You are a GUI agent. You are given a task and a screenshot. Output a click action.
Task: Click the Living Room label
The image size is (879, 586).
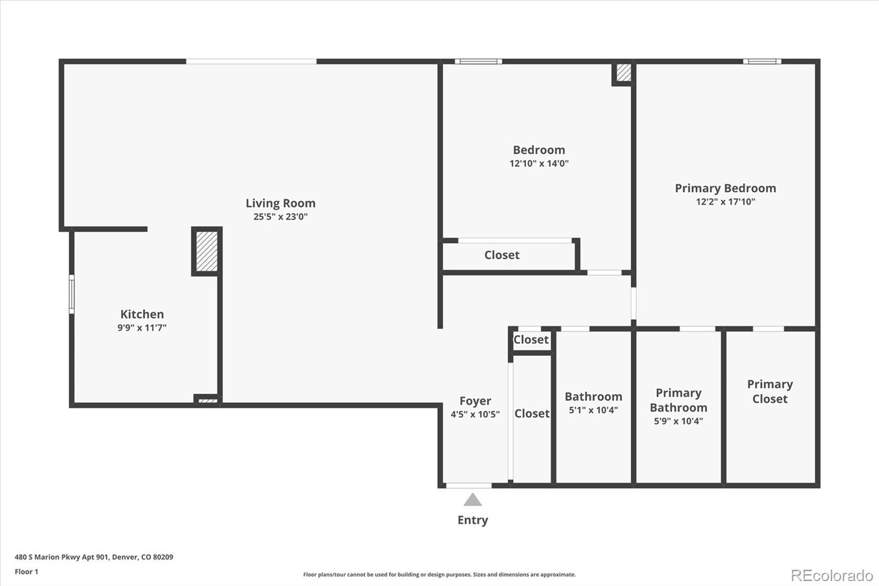(280, 203)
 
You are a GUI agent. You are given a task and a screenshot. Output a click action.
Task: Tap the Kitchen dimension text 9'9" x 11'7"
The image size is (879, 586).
(142, 328)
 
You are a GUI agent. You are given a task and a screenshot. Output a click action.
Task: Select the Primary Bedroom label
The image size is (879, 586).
(725, 189)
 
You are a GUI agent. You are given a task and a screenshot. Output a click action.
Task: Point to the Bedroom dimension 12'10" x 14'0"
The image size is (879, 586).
(538, 163)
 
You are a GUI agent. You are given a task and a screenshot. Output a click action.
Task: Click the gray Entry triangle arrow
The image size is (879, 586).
(472, 500)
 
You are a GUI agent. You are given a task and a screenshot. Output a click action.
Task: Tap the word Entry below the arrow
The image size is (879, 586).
(472, 520)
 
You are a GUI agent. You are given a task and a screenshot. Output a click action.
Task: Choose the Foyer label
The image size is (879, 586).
(475, 401)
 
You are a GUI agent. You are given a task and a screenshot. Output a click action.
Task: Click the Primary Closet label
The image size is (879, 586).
(770, 391)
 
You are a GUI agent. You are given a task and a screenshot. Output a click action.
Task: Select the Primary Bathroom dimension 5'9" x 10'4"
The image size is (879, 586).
(678, 421)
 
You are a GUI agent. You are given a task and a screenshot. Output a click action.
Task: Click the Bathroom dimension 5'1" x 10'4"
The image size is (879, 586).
(593, 410)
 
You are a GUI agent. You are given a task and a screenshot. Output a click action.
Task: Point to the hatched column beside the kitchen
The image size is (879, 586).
(207, 251)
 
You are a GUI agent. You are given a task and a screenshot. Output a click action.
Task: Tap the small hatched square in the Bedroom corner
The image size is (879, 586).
(624, 73)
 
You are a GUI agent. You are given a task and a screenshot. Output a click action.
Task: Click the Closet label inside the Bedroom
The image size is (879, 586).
(502, 255)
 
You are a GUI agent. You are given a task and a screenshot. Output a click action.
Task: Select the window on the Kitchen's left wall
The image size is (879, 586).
(71, 295)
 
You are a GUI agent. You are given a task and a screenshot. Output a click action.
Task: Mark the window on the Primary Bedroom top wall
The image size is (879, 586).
(762, 62)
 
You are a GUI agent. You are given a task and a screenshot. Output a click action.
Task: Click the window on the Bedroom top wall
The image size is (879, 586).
(478, 62)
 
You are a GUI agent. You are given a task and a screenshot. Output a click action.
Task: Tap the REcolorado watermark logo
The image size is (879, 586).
(831, 575)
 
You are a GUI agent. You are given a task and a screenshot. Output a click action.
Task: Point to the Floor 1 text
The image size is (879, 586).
(26, 572)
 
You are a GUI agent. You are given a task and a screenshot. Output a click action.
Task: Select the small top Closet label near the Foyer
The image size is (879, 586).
(531, 340)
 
